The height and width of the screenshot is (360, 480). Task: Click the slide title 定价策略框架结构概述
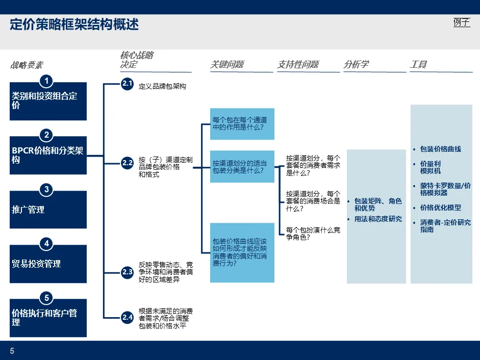tap(74, 24)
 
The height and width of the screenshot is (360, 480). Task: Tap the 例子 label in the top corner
tap(461, 22)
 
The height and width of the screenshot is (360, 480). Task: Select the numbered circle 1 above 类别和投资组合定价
tap(47, 81)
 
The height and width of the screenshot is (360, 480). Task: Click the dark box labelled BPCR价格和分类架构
tap(48, 156)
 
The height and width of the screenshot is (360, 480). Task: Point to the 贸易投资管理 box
tap(48, 264)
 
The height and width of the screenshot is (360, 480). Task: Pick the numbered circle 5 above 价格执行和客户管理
tap(47, 298)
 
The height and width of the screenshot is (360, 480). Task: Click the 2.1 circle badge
tap(127, 84)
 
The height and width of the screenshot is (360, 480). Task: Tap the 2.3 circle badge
tap(127, 272)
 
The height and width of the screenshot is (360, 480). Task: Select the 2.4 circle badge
tap(127, 317)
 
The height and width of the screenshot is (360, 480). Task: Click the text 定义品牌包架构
tap(162, 86)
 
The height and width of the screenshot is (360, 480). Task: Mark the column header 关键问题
tap(227, 65)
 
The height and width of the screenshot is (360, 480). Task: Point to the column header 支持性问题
tap(298, 65)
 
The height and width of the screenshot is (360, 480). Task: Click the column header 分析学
tap(356, 65)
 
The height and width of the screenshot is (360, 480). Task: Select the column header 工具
tap(418, 65)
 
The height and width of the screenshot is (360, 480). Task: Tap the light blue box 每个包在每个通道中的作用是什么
tap(242, 124)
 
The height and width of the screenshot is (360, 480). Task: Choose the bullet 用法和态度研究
tap(378, 219)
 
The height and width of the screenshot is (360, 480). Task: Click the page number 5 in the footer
tap(12, 351)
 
